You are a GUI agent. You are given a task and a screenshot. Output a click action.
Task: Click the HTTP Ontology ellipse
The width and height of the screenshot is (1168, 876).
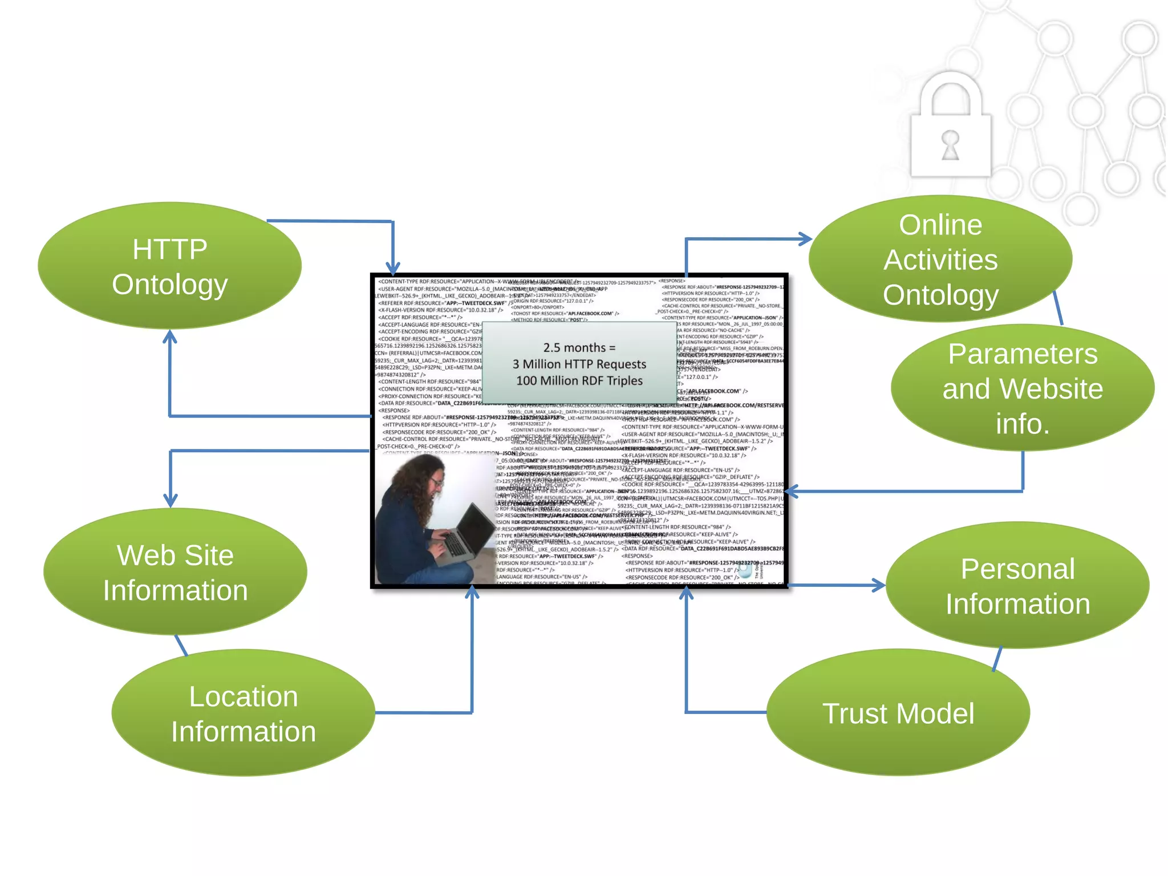pos(169,266)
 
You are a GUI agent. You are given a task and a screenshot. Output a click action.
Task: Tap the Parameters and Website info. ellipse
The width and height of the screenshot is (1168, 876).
pos(1022,388)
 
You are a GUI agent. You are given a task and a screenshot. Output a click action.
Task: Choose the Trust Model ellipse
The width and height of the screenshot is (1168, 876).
pos(898,713)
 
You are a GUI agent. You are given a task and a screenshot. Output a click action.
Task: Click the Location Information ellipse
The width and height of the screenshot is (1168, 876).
pos(243,713)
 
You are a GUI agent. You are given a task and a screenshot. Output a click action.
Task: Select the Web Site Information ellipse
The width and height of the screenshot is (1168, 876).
pos(175,572)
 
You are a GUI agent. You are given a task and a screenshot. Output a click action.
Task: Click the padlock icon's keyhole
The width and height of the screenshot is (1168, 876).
pos(950,145)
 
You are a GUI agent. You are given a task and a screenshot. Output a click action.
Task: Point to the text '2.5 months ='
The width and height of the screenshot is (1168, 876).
pos(579,347)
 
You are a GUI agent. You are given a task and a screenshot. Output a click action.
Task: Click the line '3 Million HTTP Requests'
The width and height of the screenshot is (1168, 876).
pos(579,364)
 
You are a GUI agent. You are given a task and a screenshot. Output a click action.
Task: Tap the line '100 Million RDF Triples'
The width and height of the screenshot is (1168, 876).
pos(579,380)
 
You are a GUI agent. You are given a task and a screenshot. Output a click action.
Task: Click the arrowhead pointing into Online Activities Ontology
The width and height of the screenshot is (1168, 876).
pos(805,239)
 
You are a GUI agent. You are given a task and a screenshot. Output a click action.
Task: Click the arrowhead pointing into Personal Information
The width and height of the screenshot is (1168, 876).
pos(878,585)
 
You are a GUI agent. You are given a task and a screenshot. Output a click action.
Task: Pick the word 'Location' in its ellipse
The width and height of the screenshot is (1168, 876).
pos(243,696)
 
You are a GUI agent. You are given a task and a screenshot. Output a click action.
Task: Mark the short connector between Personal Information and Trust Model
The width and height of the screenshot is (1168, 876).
pos(997,659)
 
